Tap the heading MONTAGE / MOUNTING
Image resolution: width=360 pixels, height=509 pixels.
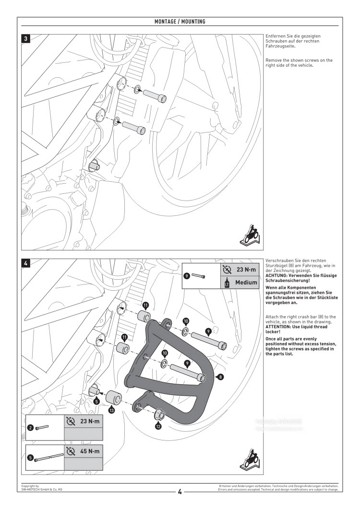click(180, 22)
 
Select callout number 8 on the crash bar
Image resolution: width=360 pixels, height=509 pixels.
click(220, 377)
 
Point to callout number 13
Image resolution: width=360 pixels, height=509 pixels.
click(111, 410)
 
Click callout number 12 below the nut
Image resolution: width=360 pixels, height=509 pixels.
click(158, 425)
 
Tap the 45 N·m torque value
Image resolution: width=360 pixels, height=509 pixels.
click(90, 451)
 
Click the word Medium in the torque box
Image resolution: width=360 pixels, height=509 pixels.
click(246, 283)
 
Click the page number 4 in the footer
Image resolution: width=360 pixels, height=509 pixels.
click(180, 491)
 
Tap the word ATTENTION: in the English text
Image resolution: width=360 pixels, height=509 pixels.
click(279, 327)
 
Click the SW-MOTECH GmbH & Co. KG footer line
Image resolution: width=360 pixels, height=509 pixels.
click(42, 489)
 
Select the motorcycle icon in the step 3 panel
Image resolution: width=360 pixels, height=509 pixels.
click(250, 235)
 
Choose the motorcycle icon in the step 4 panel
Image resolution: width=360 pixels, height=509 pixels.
click(250, 460)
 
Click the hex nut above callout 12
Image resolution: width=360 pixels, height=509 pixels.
click(160, 412)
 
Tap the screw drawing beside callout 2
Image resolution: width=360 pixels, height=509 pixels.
click(42, 427)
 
